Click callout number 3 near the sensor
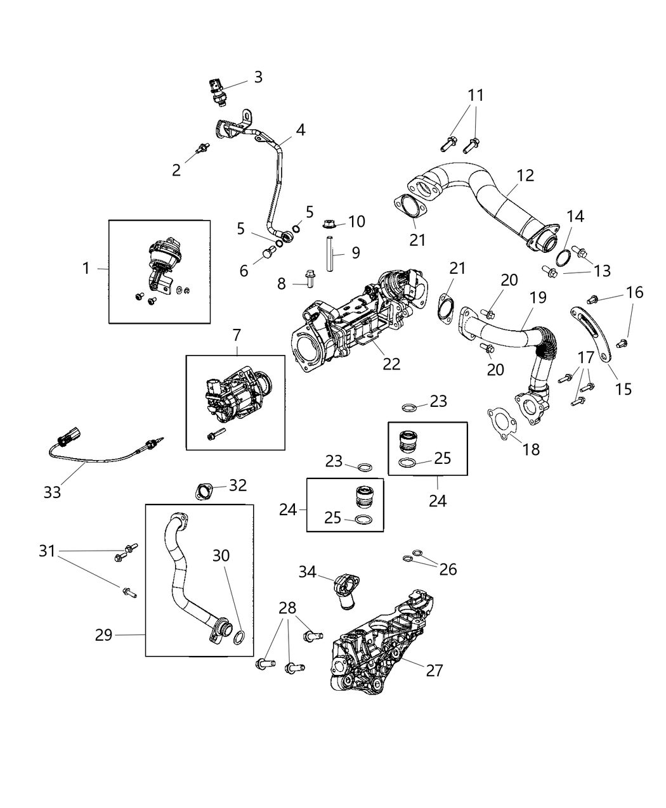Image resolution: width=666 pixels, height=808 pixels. coord(258,77)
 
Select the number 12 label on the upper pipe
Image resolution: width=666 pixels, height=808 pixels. coord(525,176)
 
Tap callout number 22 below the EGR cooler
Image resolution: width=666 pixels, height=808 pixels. coord(392,364)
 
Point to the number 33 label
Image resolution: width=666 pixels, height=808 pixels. coord(53,491)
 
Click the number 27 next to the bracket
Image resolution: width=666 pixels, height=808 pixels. coord(434,670)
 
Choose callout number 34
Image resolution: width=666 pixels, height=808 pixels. coord(308,572)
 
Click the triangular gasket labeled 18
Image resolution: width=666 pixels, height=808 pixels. coord(500,423)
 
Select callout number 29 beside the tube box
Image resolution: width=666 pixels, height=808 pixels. coord(104,634)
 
